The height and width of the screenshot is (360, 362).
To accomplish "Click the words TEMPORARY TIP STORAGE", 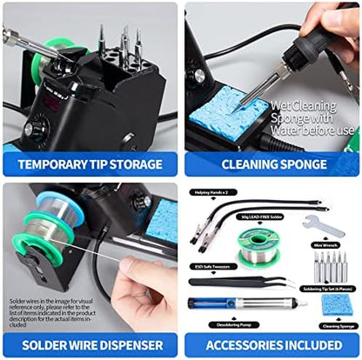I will pos(90,163).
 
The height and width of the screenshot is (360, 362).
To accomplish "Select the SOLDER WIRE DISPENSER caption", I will pos(90,345).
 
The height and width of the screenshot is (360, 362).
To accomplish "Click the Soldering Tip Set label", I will pos(330,287).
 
